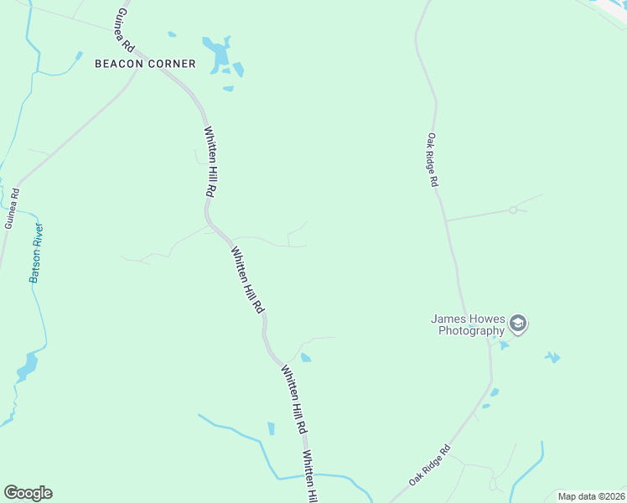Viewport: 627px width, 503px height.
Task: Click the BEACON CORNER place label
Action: tap(145, 64)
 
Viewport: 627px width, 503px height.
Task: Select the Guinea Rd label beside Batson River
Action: tap(11, 208)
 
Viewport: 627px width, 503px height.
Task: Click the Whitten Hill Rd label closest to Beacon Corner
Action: tap(209, 161)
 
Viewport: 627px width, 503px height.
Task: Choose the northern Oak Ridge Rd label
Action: tap(433, 159)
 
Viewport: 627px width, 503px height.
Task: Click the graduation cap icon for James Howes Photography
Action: tap(519, 324)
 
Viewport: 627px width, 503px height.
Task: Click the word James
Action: tap(448, 319)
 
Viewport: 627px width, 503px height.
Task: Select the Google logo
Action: tap(28, 493)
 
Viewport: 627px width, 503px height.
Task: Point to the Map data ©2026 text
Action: tap(590, 496)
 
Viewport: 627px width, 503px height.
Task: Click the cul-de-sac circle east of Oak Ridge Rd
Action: tap(512, 210)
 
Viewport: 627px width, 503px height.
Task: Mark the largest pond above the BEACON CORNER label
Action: tap(220, 54)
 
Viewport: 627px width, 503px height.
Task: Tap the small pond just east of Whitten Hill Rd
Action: tap(306, 358)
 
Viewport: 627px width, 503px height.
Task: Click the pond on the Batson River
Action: tap(27, 365)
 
